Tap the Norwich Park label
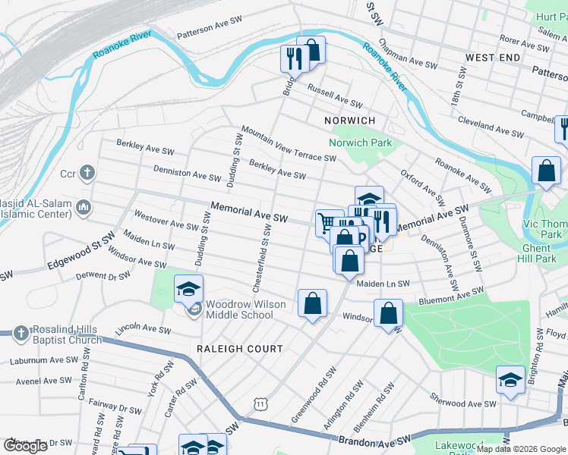pyautogui.click(x=360, y=143)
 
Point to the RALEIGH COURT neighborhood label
pyautogui.click(x=239, y=349)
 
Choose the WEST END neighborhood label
pyautogui.click(x=493, y=58)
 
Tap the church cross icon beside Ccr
pyautogui.click(x=88, y=174)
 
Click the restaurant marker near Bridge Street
pyautogui.click(x=292, y=58)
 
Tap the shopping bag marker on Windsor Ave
pyautogui.click(x=388, y=314)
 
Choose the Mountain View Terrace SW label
pyautogui.click(x=289, y=144)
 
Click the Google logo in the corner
pyautogui.click(x=25, y=446)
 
